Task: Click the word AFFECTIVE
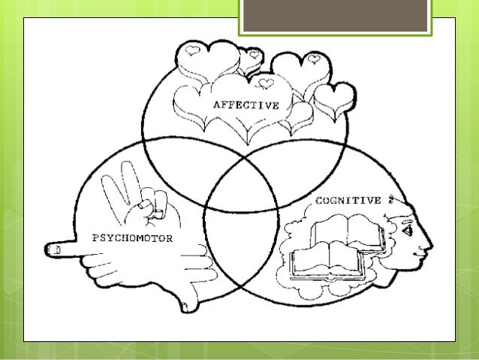246,105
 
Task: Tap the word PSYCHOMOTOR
132,238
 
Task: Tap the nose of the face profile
428,244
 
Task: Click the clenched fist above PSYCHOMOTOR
153,206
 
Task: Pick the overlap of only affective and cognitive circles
300,162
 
